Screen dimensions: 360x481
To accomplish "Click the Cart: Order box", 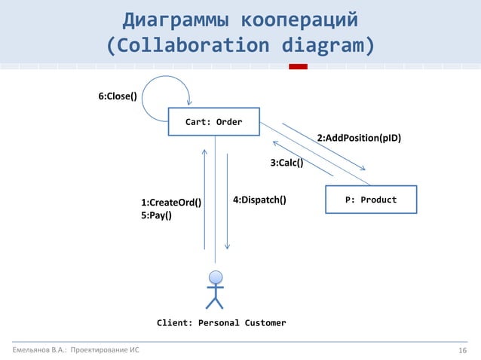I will [x=214, y=122].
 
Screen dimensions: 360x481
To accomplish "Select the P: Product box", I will [x=370, y=200].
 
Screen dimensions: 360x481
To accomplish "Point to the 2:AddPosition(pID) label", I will [x=358, y=139].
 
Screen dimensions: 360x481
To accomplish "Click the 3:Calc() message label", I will [x=286, y=163].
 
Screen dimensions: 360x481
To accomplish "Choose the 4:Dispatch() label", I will [x=259, y=200].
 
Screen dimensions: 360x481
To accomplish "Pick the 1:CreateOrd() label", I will [x=171, y=203].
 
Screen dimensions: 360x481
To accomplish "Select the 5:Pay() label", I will [x=156, y=215].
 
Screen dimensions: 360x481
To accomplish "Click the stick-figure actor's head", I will [x=216, y=276].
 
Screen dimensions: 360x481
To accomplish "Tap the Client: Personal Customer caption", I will [x=221, y=323].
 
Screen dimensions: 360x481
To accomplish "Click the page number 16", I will [x=464, y=350].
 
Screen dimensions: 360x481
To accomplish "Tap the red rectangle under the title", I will [x=299, y=67].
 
